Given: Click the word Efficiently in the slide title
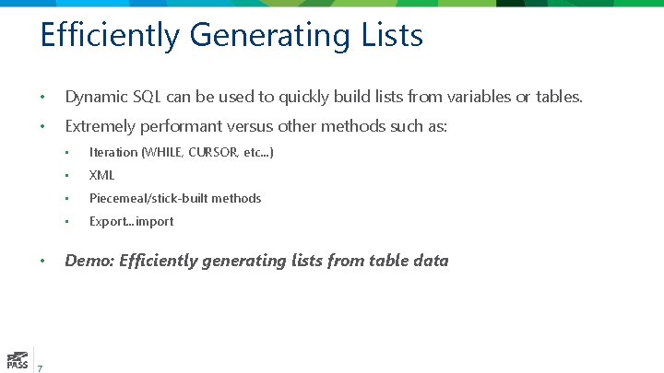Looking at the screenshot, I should click(111, 36).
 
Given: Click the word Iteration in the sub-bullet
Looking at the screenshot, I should click(113, 152).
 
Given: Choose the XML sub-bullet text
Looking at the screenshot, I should click(101, 175).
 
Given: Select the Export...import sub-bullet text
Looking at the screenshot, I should click(131, 221).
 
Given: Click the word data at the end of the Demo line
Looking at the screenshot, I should click(431, 261).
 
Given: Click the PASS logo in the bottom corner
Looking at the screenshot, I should click(17, 359).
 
